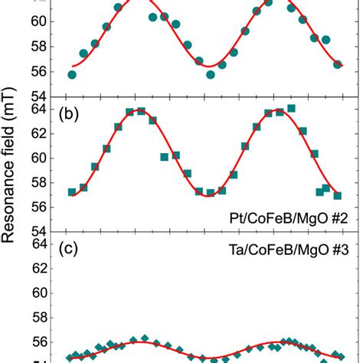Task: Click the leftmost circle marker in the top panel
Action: [x=72, y=74]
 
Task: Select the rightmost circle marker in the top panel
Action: [x=338, y=64]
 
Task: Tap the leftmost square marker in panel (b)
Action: [x=72, y=192]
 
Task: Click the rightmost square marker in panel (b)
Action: [x=338, y=195]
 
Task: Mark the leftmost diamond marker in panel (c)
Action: [x=70, y=358]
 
